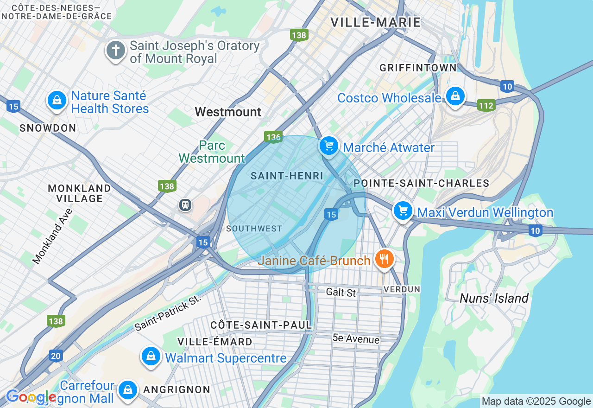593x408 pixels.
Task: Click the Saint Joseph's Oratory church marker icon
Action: (116, 50)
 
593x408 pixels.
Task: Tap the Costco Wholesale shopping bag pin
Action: (455, 96)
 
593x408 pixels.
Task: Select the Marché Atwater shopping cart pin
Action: (329, 146)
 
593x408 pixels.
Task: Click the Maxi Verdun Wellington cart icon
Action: (403, 211)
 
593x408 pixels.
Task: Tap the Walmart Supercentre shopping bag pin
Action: (151, 357)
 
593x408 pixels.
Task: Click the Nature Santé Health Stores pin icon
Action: (57, 100)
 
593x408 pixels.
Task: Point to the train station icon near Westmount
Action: (185, 204)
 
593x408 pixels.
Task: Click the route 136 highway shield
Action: (273, 137)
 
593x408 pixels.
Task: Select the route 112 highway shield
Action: (486, 106)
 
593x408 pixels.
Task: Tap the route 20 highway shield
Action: (56, 356)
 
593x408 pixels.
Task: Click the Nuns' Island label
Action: (494, 298)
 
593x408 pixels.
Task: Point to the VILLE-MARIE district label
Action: (376, 22)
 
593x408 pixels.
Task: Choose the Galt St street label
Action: (341, 292)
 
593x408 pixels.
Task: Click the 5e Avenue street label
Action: (356, 339)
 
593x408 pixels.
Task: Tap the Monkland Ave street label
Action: (53, 236)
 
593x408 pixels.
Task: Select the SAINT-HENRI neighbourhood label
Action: (287, 176)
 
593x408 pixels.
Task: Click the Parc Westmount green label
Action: (212, 152)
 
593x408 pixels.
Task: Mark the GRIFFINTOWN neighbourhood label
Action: (418, 68)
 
